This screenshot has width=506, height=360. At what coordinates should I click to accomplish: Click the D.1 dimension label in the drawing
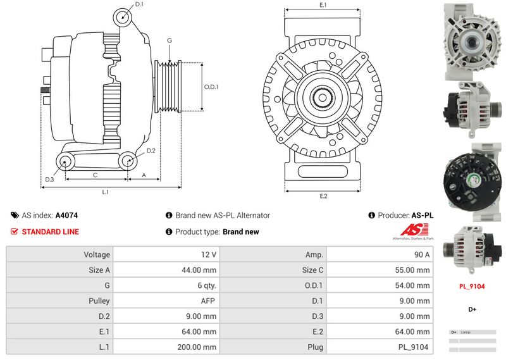pos(139,5)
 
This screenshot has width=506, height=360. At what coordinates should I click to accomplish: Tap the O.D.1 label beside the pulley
pos(211,87)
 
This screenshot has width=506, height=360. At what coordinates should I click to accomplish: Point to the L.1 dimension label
pos(106,192)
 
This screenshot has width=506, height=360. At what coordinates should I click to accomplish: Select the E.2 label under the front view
pos(323,196)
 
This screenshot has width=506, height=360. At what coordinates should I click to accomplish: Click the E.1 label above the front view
pos(323,6)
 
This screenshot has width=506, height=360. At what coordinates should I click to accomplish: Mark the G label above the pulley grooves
pos(169,41)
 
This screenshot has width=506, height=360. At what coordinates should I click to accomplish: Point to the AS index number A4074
pos(66,215)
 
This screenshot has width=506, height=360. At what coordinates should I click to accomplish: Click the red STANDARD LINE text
pos(50,232)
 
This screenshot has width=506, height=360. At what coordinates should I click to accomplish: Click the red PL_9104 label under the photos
pos(472,286)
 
